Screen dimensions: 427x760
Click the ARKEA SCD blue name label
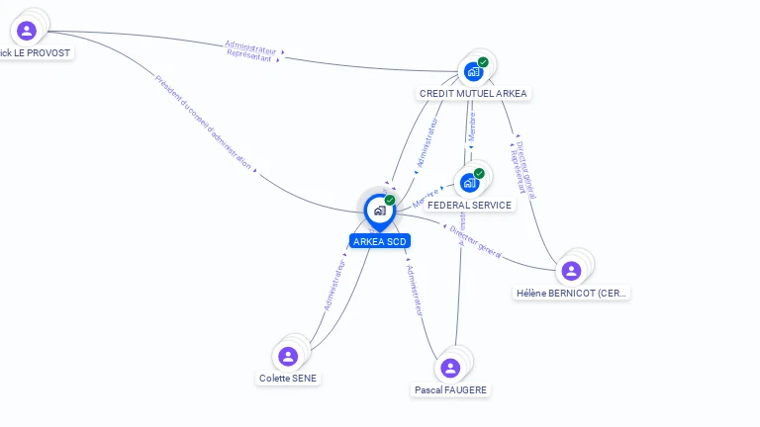pyautogui.click(x=379, y=241)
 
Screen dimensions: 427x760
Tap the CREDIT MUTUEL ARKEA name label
pyautogui.click(x=474, y=93)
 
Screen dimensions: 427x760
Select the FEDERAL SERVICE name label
pyautogui.click(x=470, y=206)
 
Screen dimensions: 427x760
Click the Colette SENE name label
pyautogui.click(x=288, y=378)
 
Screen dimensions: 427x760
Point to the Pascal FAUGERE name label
pyautogui.click(x=450, y=389)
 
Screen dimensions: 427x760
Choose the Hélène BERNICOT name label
pyautogui.click(x=572, y=293)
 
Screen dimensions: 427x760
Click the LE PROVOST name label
pyautogui.click(x=36, y=51)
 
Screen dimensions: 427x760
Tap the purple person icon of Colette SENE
pyautogui.click(x=288, y=356)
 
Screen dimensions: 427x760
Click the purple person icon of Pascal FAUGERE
pyautogui.click(x=450, y=368)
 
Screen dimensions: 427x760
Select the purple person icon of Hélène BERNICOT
pyautogui.click(x=571, y=271)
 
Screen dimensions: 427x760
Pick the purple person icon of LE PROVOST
pyautogui.click(x=27, y=31)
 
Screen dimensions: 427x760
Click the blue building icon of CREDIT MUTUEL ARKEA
pyautogui.click(x=473, y=71)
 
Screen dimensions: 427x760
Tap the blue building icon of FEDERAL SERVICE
pyautogui.click(x=469, y=183)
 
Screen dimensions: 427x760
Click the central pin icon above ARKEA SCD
pyautogui.click(x=379, y=211)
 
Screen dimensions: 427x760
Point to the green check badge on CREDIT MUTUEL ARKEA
pyautogui.click(x=483, y=62)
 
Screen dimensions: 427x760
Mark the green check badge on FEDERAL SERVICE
pyautogui.click(x=479, y=174)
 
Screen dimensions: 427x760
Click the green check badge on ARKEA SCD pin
pyautogui.click(x=390, y=201)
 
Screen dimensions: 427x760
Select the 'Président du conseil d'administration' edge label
pyautogui.click(x=203, y=123)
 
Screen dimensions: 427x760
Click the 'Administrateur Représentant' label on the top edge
pyautogui.click(x=249, y=51)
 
